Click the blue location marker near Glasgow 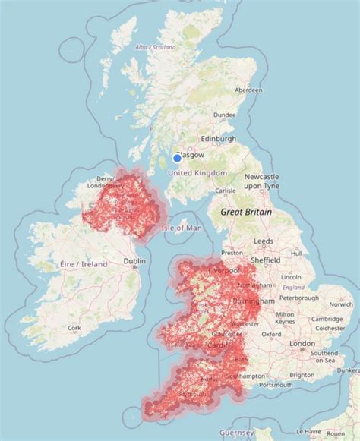[x=177, y=158]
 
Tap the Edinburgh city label [x=217, y=140]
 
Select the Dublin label [x=134, y=262]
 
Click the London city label [x=302, y=344]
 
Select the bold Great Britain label [x=245, y=213]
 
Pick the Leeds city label [x=264, y=241]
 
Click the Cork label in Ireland [x=74, y=329]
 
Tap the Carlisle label [x=226, y=191]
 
